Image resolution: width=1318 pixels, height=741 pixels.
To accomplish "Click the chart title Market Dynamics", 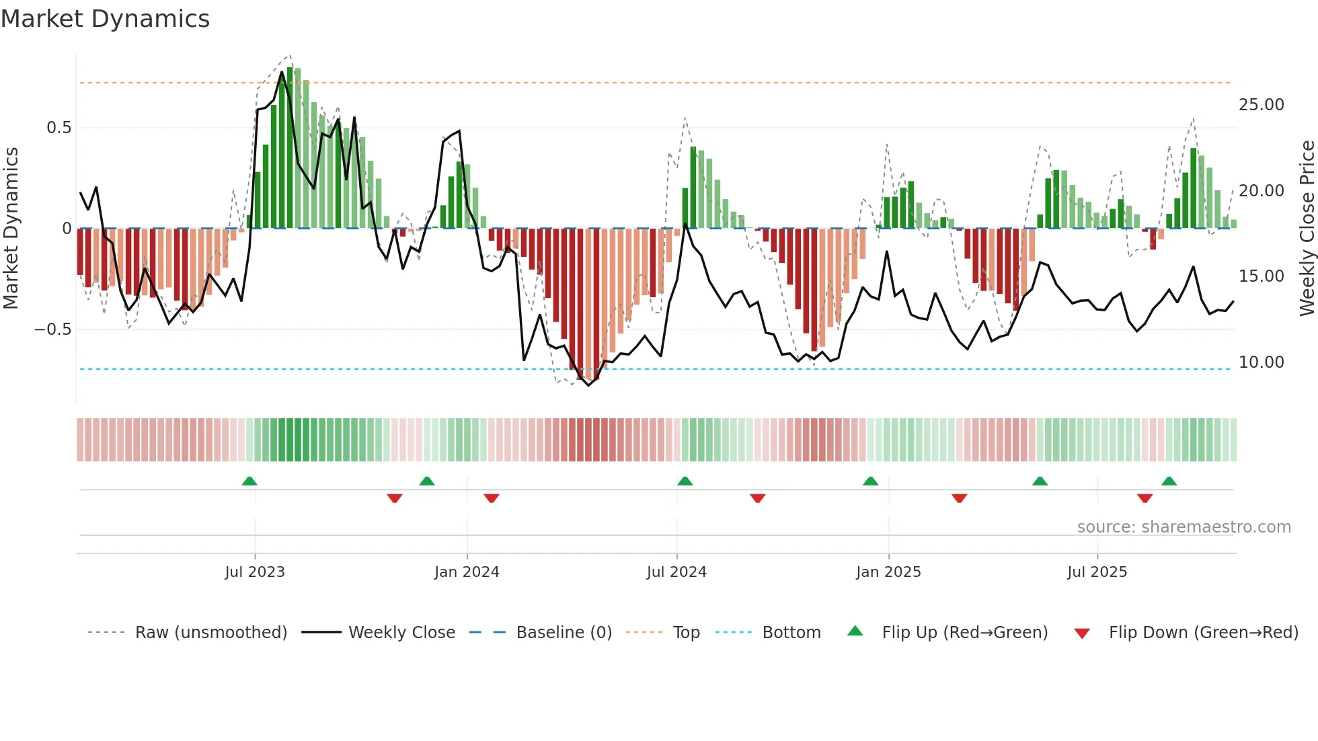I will click(105, 19).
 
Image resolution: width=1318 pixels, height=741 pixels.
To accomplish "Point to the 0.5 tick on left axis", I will click(59, 128).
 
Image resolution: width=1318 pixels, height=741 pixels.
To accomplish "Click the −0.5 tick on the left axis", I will click(52, 329).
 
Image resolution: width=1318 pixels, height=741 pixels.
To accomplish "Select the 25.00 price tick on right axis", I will click(1261, 105).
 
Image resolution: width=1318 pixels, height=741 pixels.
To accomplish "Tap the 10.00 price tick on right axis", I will click(1261, 362).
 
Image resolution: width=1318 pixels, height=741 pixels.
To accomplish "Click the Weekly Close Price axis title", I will click(1307, 229).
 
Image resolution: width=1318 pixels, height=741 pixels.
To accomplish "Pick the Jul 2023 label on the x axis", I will click(255, 572).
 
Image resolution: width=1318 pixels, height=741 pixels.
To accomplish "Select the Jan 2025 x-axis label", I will click(888, 572).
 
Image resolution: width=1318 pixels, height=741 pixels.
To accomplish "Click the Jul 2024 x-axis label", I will click(676, 572).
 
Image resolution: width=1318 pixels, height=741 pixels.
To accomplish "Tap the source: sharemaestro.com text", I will click(1184, 527).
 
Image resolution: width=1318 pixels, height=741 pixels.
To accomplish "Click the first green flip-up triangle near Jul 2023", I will click(249, 481).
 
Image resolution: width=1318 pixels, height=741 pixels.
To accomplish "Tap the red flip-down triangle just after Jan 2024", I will click(492, 498).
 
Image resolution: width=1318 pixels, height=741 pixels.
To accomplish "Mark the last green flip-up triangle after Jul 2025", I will click(1169, 481).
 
